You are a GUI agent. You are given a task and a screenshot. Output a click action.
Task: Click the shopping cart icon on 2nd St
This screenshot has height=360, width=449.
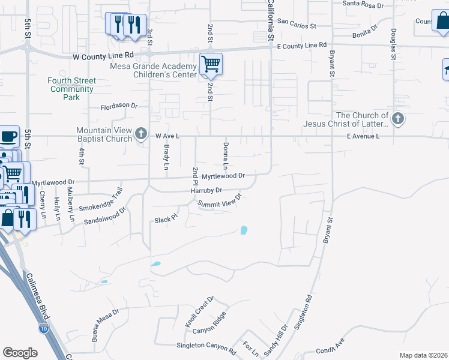211,63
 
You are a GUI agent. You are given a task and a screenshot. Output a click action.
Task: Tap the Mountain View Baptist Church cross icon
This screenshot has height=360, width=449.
141,133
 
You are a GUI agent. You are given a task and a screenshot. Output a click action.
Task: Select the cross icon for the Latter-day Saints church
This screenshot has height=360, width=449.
398,119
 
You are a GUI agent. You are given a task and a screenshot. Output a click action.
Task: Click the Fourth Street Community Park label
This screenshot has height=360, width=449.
72,89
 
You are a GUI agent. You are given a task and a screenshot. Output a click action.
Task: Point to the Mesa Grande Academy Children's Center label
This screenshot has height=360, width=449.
154,70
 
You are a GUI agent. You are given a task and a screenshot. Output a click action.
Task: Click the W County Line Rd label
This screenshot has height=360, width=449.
97,56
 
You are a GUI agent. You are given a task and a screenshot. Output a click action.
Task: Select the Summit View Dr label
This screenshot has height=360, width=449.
220,200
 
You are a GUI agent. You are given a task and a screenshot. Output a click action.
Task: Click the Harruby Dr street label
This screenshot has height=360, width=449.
206,190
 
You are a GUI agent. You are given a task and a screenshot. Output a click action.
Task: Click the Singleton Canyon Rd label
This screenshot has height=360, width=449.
206,346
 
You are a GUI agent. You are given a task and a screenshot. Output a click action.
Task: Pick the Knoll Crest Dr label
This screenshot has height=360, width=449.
199,311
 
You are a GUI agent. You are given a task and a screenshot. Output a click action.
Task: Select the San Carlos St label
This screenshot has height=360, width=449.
297,27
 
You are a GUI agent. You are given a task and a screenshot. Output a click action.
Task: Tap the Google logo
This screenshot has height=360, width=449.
20,353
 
